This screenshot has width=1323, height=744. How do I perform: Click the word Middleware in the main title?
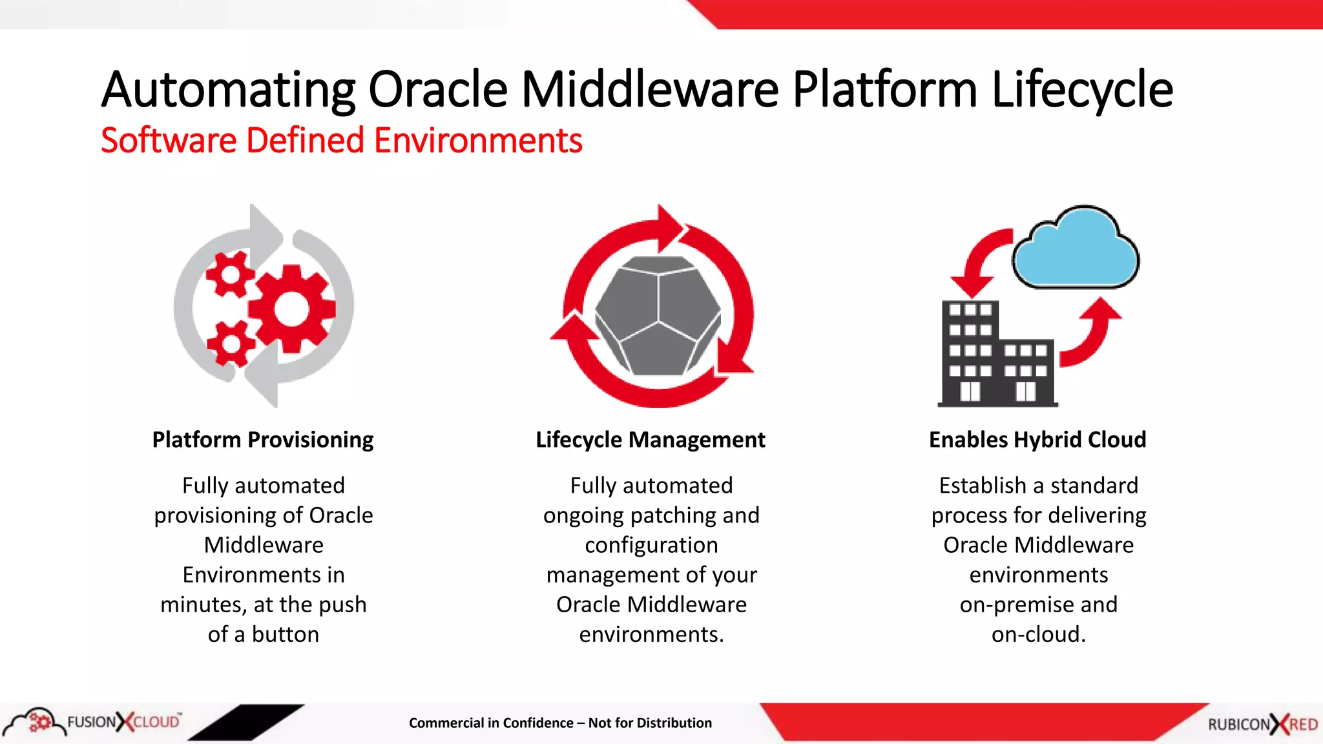pos(650,90)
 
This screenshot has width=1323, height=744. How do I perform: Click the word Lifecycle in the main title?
pos(1082,90)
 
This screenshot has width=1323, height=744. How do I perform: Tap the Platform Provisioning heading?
pos(263,440)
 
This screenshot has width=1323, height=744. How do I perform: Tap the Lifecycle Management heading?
pos(651,440)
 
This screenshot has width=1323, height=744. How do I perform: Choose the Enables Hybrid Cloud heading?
pos(1037,440)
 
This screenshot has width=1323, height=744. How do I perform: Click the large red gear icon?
pos(292,309)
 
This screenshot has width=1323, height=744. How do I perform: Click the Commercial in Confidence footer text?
pos(560,723)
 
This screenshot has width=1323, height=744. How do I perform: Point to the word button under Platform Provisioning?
pos(286,634)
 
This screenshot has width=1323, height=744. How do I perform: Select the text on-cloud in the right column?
pos(1038,634)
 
